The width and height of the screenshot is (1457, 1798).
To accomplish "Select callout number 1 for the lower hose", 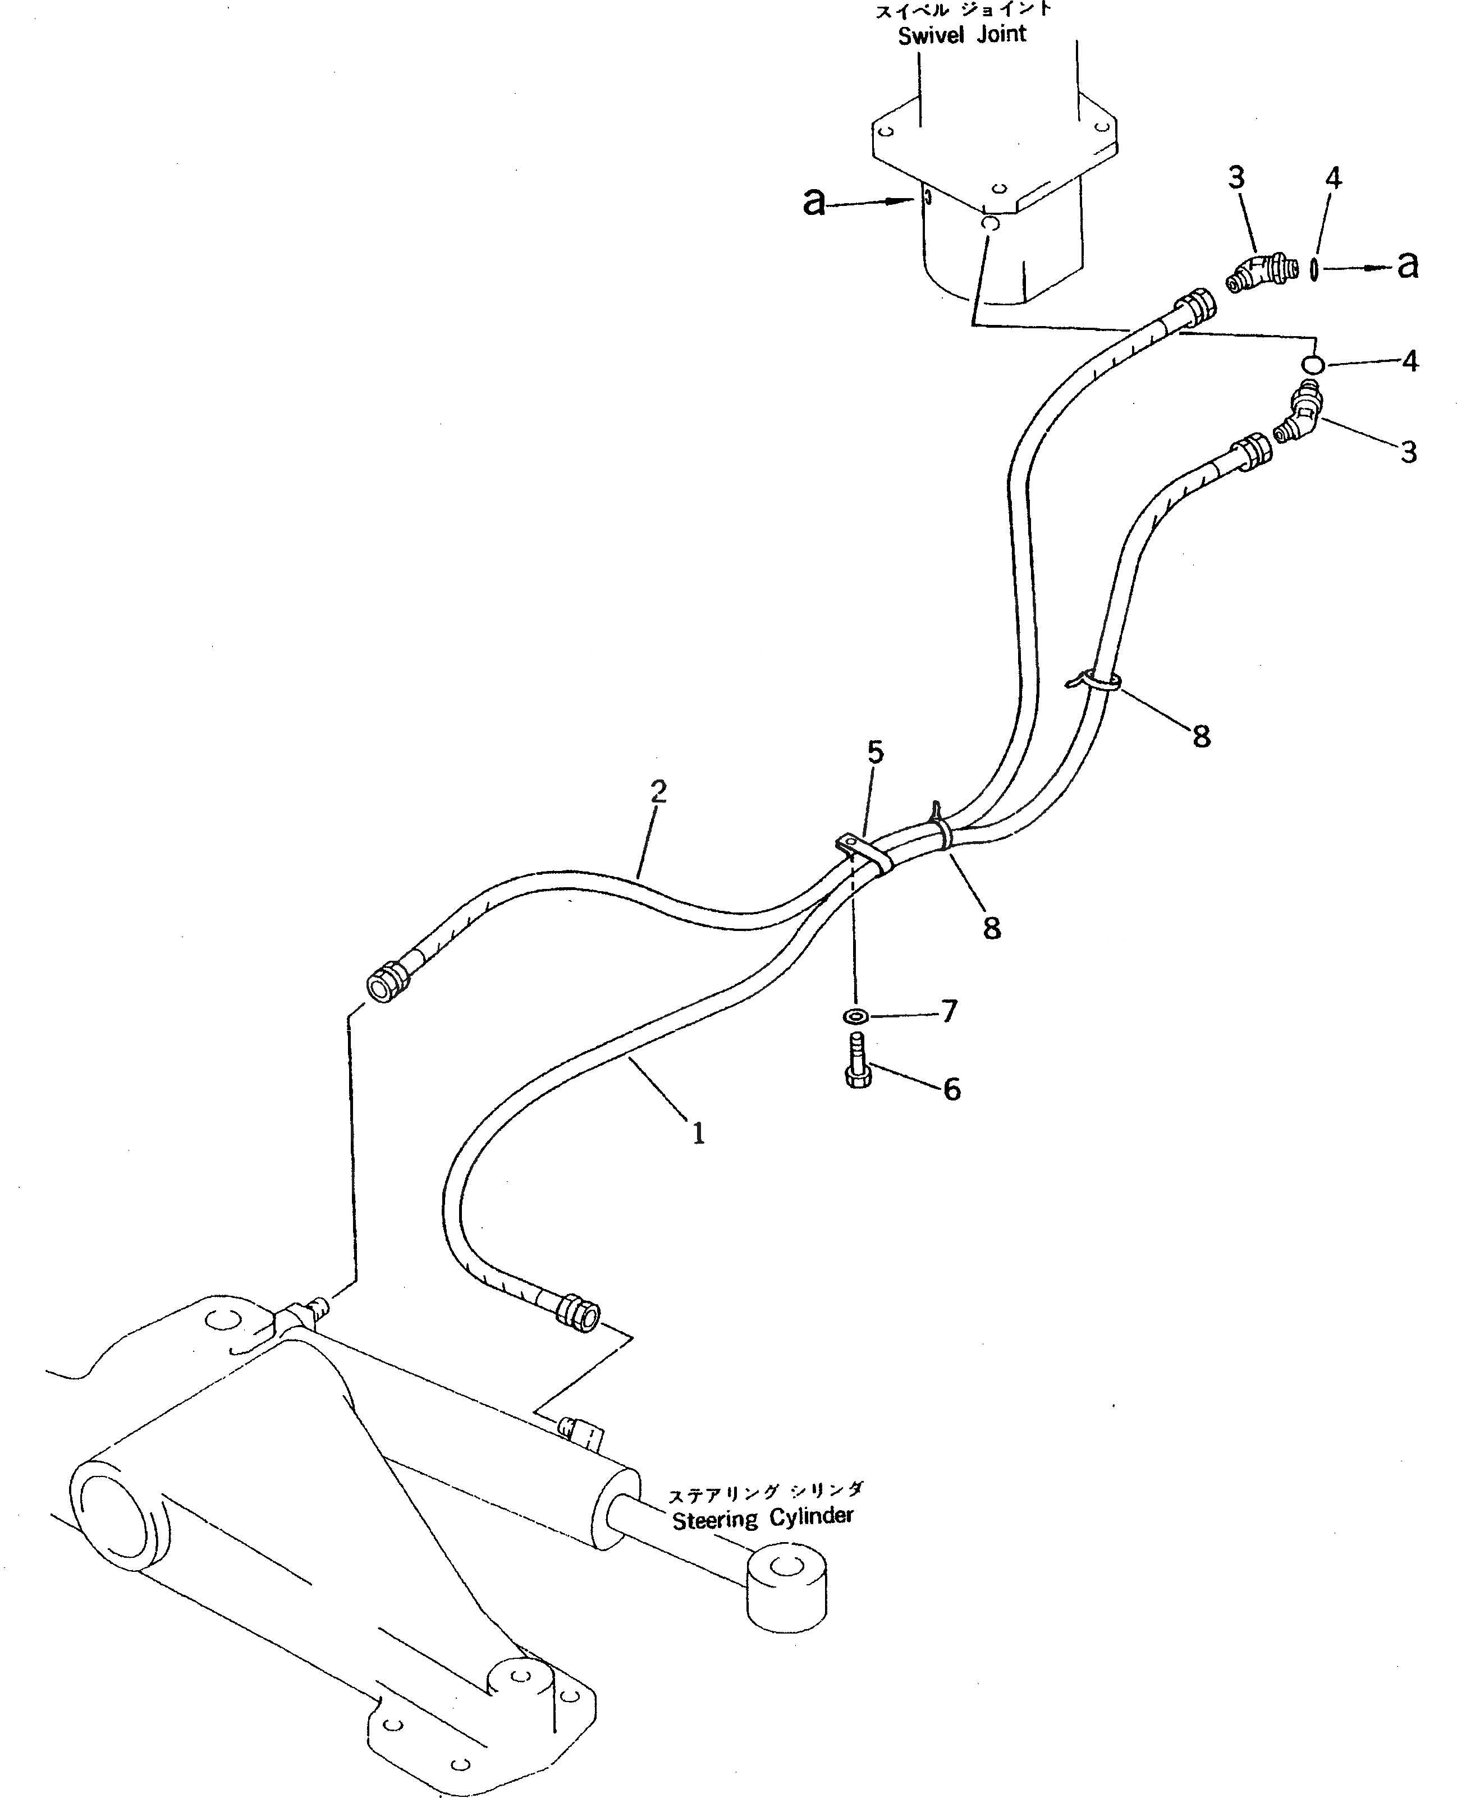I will click(x=698, y=1134).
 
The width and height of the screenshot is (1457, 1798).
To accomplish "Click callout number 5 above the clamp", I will click(x=876, y=752).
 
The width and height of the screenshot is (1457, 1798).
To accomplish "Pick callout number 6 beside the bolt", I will click(x=952, y=1089).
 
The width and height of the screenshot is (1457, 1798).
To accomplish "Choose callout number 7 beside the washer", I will click(x=949, y=1011).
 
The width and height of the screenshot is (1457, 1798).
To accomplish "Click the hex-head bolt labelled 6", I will click(x=857, y=1062).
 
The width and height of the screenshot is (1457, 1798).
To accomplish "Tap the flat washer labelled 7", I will click(x=856, y=1017).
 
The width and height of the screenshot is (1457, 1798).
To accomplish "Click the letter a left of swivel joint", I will click(x=813, y=202).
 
